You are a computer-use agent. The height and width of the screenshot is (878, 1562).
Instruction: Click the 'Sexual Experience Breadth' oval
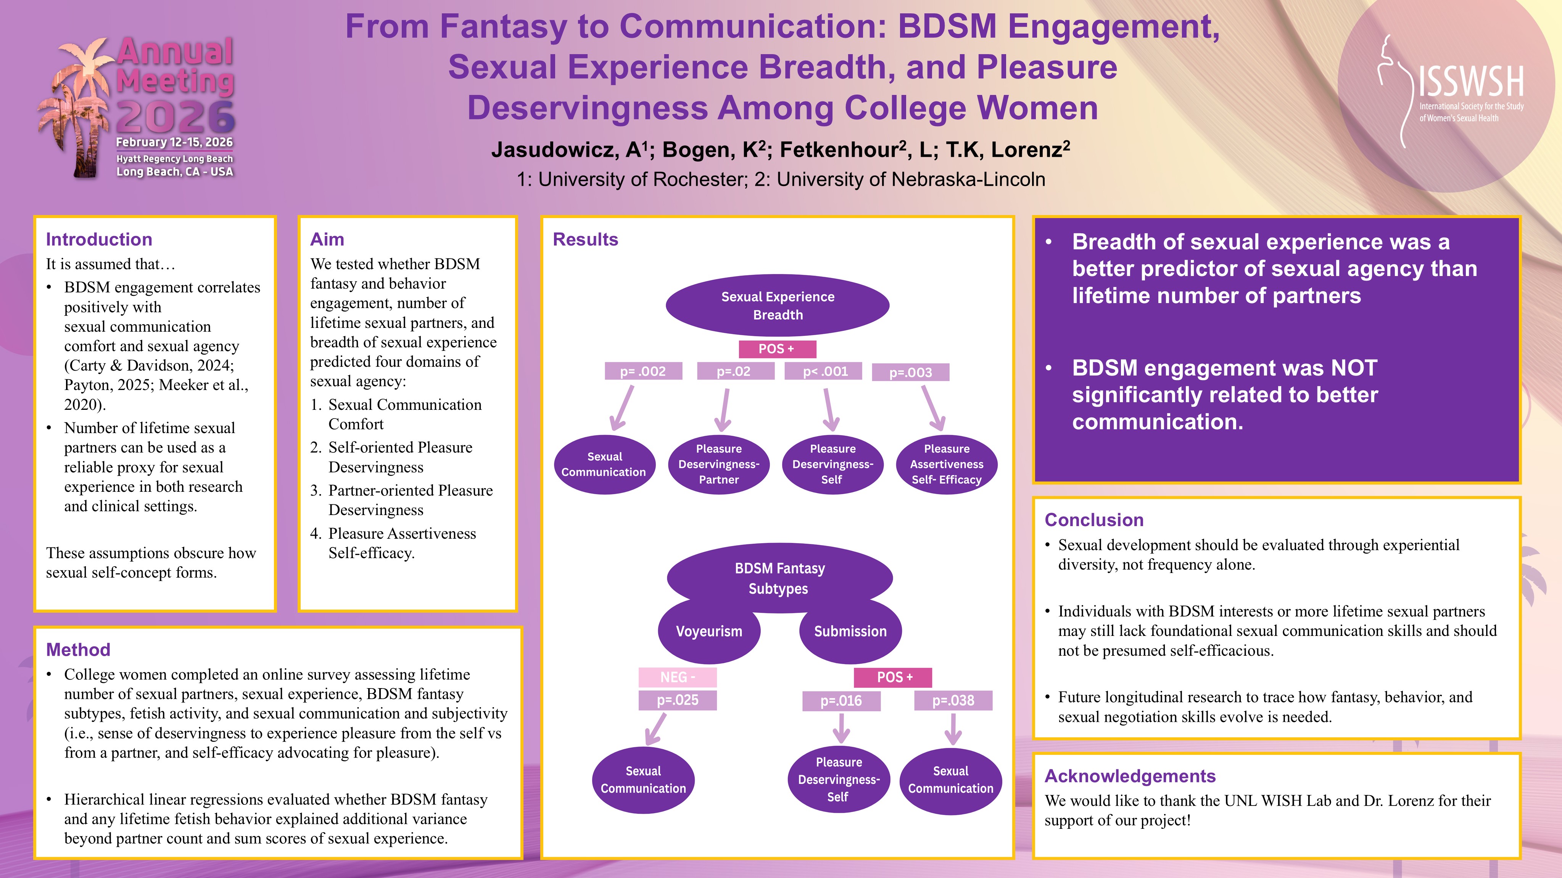[777, 305]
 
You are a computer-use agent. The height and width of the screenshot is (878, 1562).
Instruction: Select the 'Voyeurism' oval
[709, 631]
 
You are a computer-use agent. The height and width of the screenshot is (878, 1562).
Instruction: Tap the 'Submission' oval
[850, 631]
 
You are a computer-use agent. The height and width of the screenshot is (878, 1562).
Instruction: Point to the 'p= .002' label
[643, 371]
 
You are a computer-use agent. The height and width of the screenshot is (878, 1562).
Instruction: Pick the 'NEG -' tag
[677, 677]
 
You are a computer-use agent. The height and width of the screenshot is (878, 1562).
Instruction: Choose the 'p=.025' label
[677, 700]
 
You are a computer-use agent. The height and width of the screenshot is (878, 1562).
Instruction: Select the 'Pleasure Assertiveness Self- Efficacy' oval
[947, 464]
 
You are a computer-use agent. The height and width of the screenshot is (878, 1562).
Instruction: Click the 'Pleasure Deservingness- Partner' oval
[718, 464]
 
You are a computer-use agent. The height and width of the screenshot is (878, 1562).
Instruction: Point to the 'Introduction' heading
[99, 239]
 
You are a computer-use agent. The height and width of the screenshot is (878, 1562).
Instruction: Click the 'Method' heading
[78, 650]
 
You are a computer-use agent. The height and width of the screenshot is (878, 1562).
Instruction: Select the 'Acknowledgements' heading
[1130, 776]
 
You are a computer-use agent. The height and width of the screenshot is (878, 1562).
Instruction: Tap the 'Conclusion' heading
[1094, 520]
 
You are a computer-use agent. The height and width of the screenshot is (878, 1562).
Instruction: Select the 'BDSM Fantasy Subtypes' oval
[779, 578]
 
